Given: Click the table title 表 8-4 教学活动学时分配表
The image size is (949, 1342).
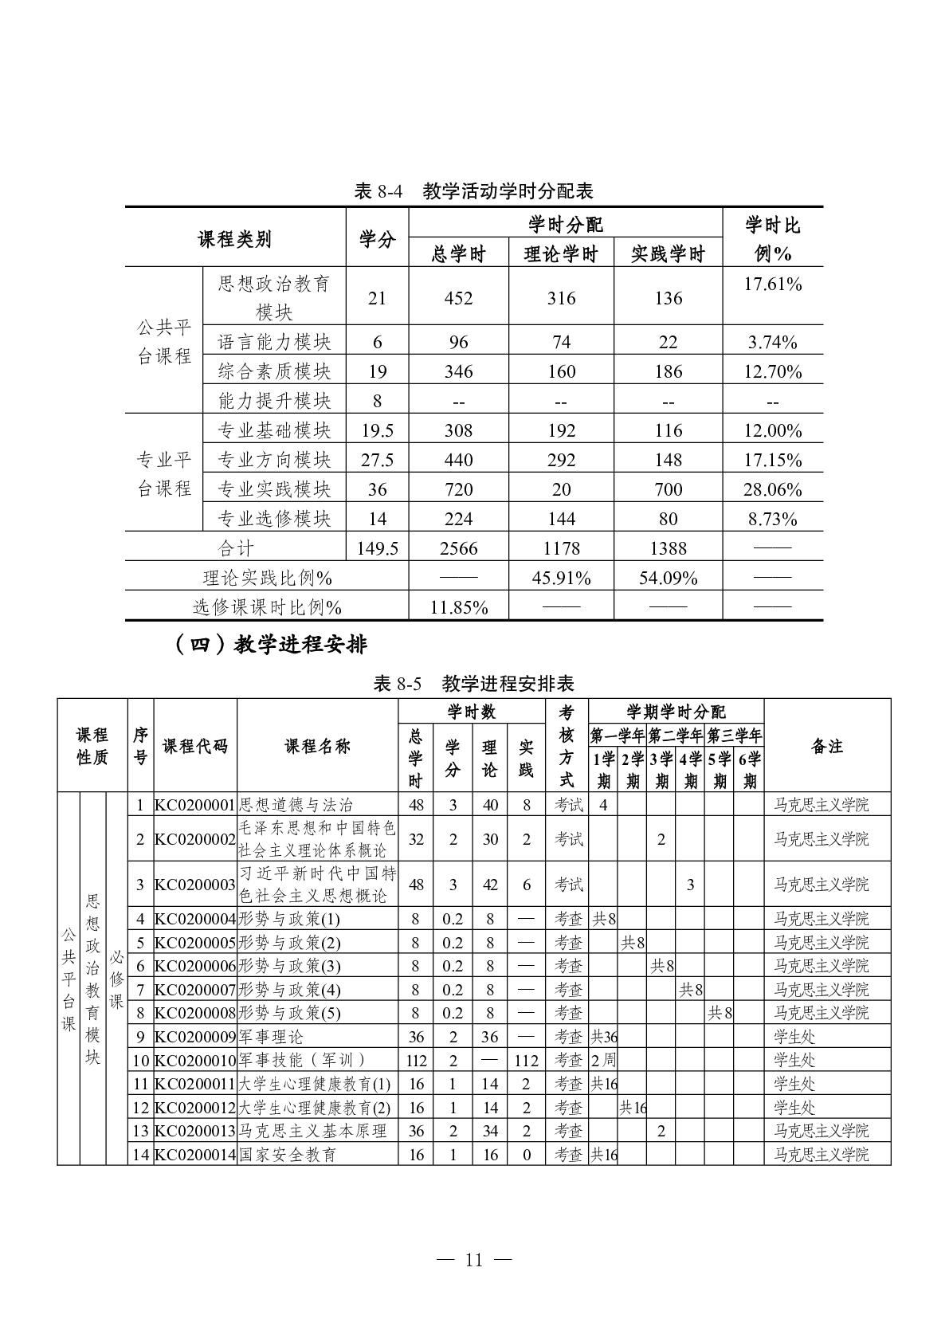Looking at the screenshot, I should (473, 191).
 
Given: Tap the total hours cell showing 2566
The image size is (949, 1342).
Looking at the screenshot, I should (458, 548).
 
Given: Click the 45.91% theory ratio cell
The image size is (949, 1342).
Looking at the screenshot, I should (561, 578).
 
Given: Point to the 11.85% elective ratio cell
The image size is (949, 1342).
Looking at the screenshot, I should (458, 607).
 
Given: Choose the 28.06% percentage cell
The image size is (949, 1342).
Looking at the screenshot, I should (772, 489).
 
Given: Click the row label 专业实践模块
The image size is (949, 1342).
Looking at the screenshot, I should (274, 489).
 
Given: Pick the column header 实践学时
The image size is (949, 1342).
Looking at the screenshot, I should (668, 254).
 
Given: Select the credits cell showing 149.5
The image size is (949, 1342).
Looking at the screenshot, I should (378, 548).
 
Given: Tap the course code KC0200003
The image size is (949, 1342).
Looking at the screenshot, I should (195, 885).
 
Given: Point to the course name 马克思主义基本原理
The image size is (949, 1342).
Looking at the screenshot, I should (312, 1131).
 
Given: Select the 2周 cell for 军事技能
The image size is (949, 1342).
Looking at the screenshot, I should (603, 1060).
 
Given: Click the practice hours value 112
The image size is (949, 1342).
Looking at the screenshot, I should (527, 1060).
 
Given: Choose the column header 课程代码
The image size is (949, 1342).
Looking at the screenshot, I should (195, 746).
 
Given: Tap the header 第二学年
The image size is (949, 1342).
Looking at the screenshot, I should (676, 735).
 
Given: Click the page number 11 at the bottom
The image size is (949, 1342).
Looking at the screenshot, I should (474, 1260).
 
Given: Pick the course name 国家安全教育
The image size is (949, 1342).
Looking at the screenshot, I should (288, 1154).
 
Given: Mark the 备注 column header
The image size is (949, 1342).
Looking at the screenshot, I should (827, 746).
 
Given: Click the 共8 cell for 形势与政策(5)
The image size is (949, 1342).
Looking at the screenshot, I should (720, 1013).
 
